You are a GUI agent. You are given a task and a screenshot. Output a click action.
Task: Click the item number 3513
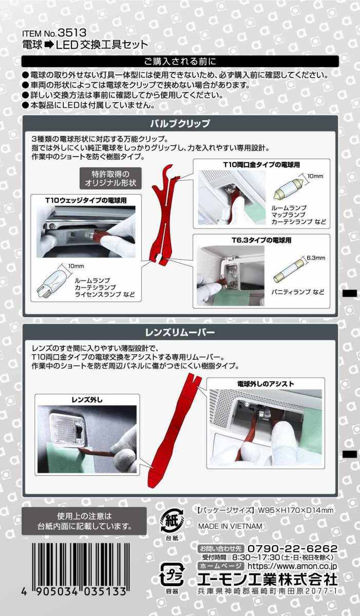[72, 33]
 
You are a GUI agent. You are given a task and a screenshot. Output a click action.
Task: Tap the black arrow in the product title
[49, 45]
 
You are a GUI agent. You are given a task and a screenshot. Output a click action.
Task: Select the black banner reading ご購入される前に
[180, 61]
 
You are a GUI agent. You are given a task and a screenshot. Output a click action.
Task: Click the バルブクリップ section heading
[180, 124]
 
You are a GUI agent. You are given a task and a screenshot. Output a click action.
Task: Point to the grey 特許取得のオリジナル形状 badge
[110, 178]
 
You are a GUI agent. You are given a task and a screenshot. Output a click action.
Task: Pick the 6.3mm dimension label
[316, 258]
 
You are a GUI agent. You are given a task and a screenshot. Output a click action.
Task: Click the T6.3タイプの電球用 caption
[261, 240]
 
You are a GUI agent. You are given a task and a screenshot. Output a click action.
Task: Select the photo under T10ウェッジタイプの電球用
[86, 232]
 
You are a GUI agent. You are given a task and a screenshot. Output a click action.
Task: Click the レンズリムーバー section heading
[180, 333]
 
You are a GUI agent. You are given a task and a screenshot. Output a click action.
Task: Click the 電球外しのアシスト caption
[266, 384]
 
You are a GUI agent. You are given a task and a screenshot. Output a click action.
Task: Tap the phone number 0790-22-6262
[293, 549]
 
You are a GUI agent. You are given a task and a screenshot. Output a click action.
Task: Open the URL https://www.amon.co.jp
[292, 566]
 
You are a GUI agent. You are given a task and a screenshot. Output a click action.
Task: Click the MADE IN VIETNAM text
[230, 526]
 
